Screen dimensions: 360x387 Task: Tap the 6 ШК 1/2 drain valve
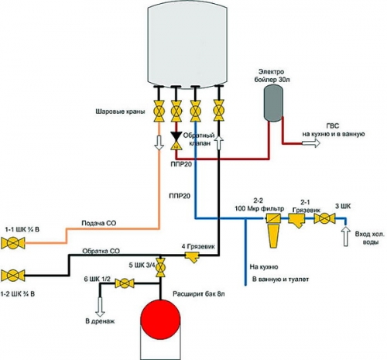tap(122, 285)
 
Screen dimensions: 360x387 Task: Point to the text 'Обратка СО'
tap(101, 252)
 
